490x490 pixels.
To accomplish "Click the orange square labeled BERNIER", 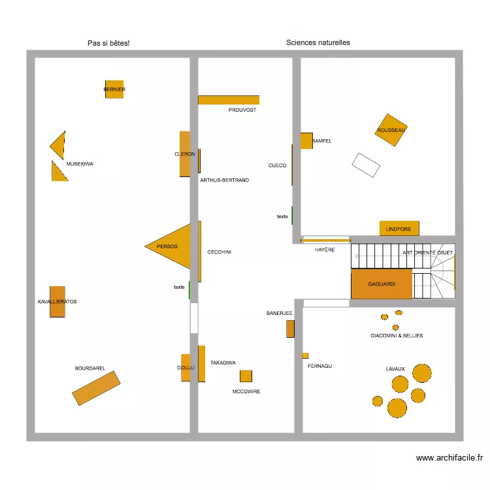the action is (114, 90).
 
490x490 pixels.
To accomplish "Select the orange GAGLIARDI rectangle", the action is (382, 284).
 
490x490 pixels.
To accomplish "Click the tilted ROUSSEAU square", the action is (391, 130).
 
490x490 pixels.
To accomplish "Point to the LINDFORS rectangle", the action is (399, 229).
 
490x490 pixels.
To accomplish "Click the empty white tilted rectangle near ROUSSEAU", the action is (366, 165).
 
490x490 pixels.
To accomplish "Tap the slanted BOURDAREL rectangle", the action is (96, 388).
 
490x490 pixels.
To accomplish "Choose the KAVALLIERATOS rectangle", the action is (57, 302).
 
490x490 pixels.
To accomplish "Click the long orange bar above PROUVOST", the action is (229, 100).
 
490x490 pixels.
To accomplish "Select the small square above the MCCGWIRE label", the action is (246, 376).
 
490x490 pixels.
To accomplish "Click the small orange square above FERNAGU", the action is (305, 355).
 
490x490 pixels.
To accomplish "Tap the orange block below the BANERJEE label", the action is (290, 329).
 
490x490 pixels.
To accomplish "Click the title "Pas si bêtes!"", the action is (108, 43).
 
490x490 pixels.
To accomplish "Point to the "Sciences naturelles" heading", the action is (318, 42).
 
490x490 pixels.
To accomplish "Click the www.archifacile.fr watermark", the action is (449, 458).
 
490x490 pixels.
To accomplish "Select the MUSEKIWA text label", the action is (80, 164).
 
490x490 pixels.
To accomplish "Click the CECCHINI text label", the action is (220, 252).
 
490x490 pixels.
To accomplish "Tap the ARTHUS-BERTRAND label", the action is (225, 180).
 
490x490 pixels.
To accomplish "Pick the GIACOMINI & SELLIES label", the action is (397, 336).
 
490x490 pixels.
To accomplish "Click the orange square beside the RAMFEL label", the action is (306, 141).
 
